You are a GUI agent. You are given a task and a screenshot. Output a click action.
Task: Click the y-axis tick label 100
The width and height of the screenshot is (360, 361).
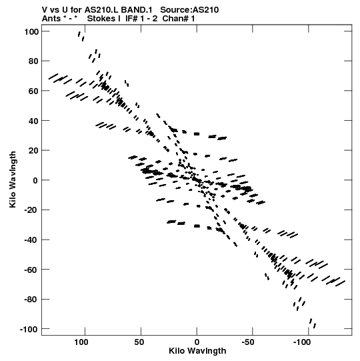point(31,32)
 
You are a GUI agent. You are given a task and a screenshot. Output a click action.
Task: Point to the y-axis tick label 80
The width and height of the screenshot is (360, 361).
point(33,61)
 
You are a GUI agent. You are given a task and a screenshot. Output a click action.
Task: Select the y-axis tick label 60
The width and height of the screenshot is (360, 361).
point(33,91)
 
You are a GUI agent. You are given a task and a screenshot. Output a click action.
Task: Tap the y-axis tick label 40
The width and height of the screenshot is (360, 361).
point(33,121)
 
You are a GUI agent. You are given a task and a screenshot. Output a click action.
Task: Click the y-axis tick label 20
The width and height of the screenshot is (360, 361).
point(33,151)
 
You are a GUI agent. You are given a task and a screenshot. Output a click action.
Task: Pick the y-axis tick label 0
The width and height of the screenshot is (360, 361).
point(35,180)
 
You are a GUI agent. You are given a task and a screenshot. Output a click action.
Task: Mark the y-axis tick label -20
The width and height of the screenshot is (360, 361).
point(31,210)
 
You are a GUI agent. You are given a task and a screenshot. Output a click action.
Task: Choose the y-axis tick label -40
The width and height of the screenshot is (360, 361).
point(31,240)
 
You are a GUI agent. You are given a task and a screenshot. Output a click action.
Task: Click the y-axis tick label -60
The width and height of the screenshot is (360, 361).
point(31,270)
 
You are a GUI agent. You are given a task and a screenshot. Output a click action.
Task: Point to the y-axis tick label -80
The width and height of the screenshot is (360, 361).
point(31,300)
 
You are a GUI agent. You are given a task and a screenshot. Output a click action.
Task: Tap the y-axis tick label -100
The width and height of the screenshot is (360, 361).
point(29,330)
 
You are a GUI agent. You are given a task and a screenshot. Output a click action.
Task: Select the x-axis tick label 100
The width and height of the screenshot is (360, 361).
point(81,342)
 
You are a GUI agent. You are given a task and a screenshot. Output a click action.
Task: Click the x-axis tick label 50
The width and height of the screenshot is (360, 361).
point(139,342)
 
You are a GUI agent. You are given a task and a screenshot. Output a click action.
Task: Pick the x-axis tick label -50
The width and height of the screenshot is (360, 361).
point(248,342)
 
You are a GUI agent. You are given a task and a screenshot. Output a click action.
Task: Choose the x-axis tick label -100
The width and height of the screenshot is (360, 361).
point(302,342)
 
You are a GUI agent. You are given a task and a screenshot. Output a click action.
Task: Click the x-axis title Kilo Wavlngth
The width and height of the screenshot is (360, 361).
point(197,351)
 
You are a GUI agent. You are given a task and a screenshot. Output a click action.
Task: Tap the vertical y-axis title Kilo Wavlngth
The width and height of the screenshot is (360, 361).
point(13,179)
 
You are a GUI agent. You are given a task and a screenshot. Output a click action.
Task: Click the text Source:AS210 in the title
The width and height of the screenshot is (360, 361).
point(189,10)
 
